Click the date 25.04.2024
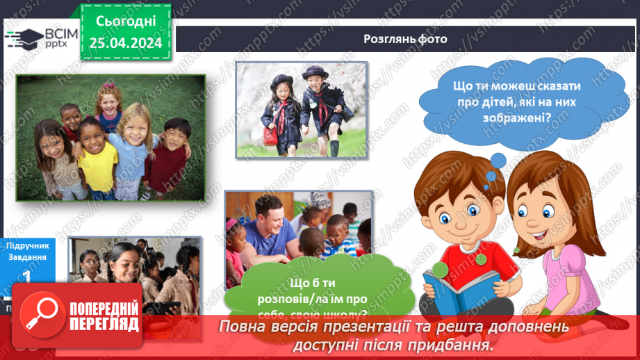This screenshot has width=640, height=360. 125,43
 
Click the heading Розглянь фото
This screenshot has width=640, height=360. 405,38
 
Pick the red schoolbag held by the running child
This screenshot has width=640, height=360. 270,134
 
